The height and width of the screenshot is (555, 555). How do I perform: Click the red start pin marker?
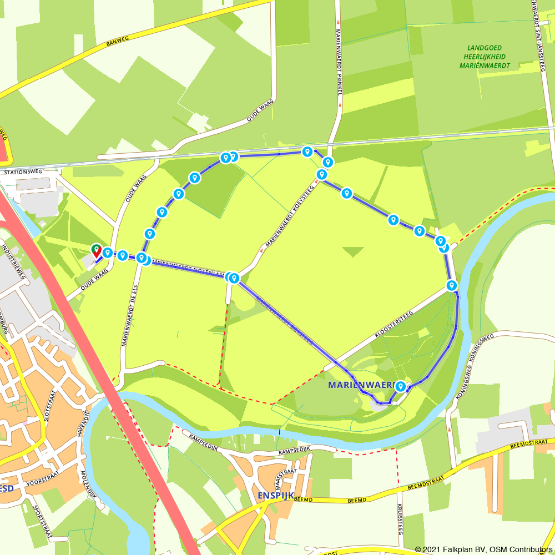click(x=96, y=250)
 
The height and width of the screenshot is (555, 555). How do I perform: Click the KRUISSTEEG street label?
click(x=400, y=518)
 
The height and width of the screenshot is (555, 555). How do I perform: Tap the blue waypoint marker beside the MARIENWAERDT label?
click(x=400, y=386)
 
